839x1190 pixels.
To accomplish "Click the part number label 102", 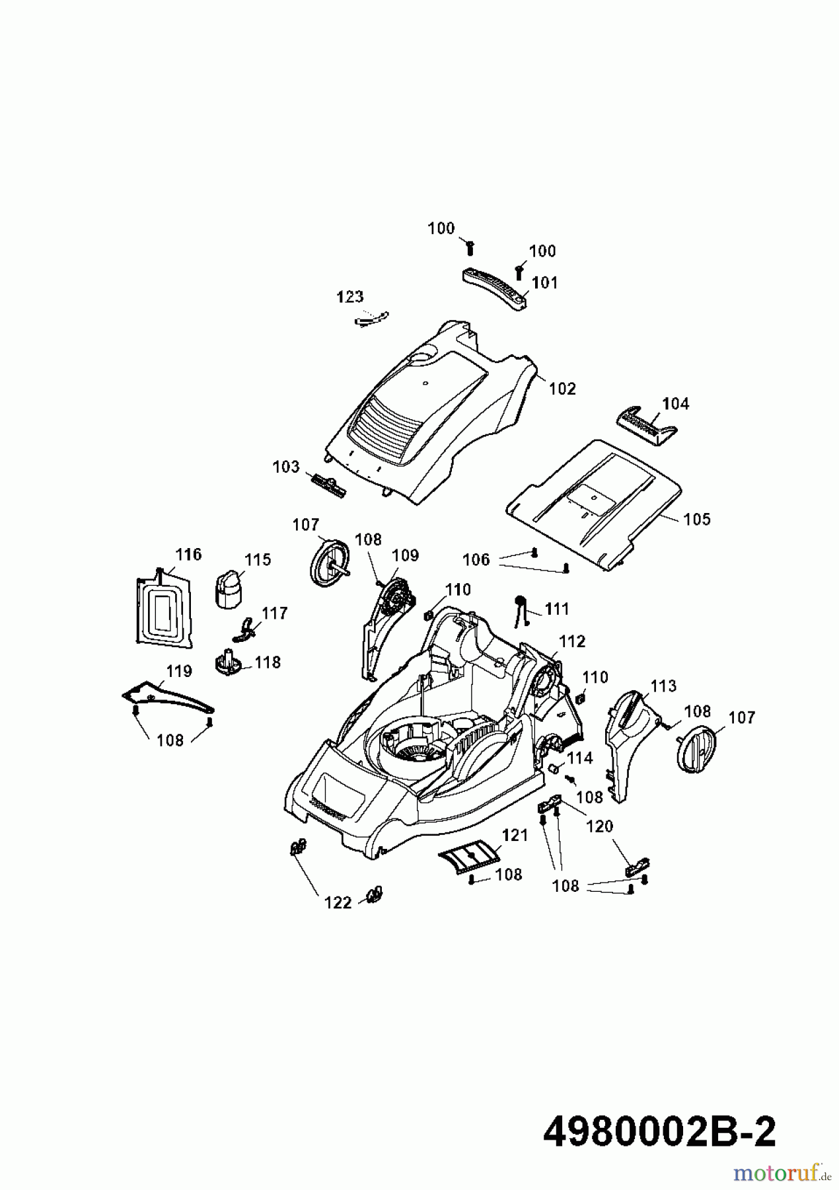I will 562,389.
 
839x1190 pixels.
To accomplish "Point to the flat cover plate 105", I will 595,502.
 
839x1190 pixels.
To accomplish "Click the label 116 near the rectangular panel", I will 188,554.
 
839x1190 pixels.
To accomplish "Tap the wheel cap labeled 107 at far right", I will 696,749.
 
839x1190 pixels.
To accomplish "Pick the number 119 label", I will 178,671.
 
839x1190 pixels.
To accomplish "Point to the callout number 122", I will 338,902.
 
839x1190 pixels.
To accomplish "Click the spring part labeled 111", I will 521,609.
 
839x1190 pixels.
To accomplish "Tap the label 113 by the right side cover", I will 663,686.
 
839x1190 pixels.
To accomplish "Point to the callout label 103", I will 286,467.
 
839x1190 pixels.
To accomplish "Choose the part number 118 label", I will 268,662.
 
